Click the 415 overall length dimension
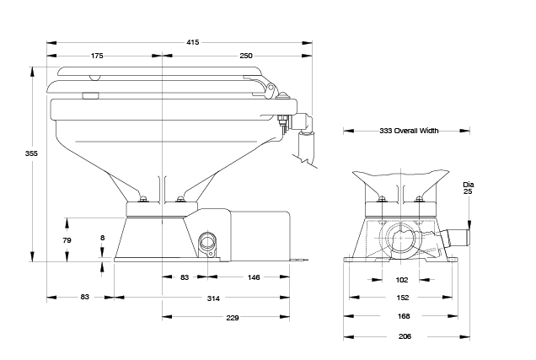point(193,42)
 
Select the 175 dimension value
point(97,56)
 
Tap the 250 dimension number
point(246,56)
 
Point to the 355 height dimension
point(31,153)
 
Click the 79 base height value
point(67,240)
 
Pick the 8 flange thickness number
point(103,238)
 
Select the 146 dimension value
point(254,277)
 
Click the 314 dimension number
point(213,298)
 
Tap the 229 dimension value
point(233,318)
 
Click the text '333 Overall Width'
point(409,131)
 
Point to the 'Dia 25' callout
point(468,188)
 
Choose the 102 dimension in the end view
point(402,280)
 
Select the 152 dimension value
point(403,298)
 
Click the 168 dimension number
point(404,316)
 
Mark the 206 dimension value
point(405,336)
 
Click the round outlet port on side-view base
point(207,241)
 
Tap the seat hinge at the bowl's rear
point(270,87)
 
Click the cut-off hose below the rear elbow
point(306,146)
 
